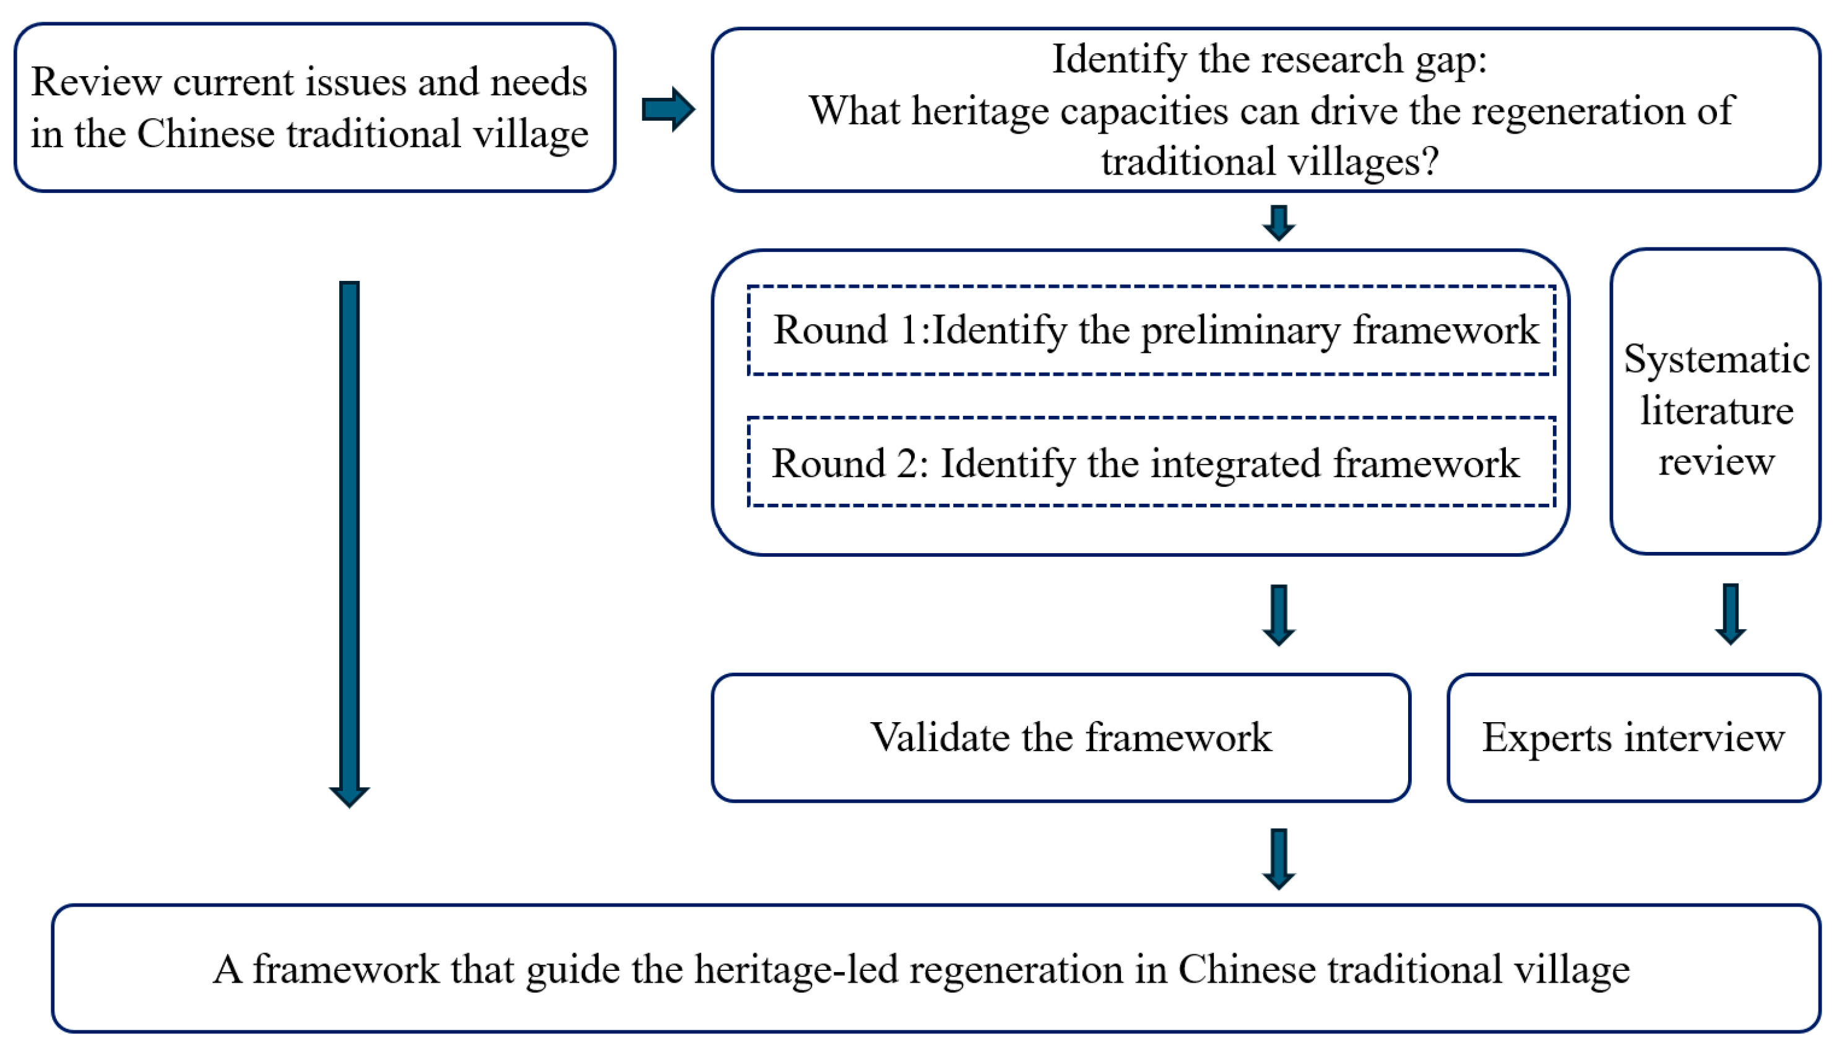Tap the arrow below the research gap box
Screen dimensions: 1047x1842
point(1278,223)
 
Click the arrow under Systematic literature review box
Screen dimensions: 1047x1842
point(1730,614)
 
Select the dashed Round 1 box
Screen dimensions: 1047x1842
point(1151,331)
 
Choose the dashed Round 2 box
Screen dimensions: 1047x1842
point(1151,462)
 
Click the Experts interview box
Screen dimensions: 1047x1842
point(1633,738)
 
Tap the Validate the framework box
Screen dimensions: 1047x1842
point(1060,738)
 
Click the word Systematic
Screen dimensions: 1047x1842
point(1716,359)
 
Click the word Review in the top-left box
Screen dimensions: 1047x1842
point(96,81)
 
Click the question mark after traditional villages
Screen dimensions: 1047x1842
point(1430,161)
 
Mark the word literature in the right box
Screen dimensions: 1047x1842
point(1716,411)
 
